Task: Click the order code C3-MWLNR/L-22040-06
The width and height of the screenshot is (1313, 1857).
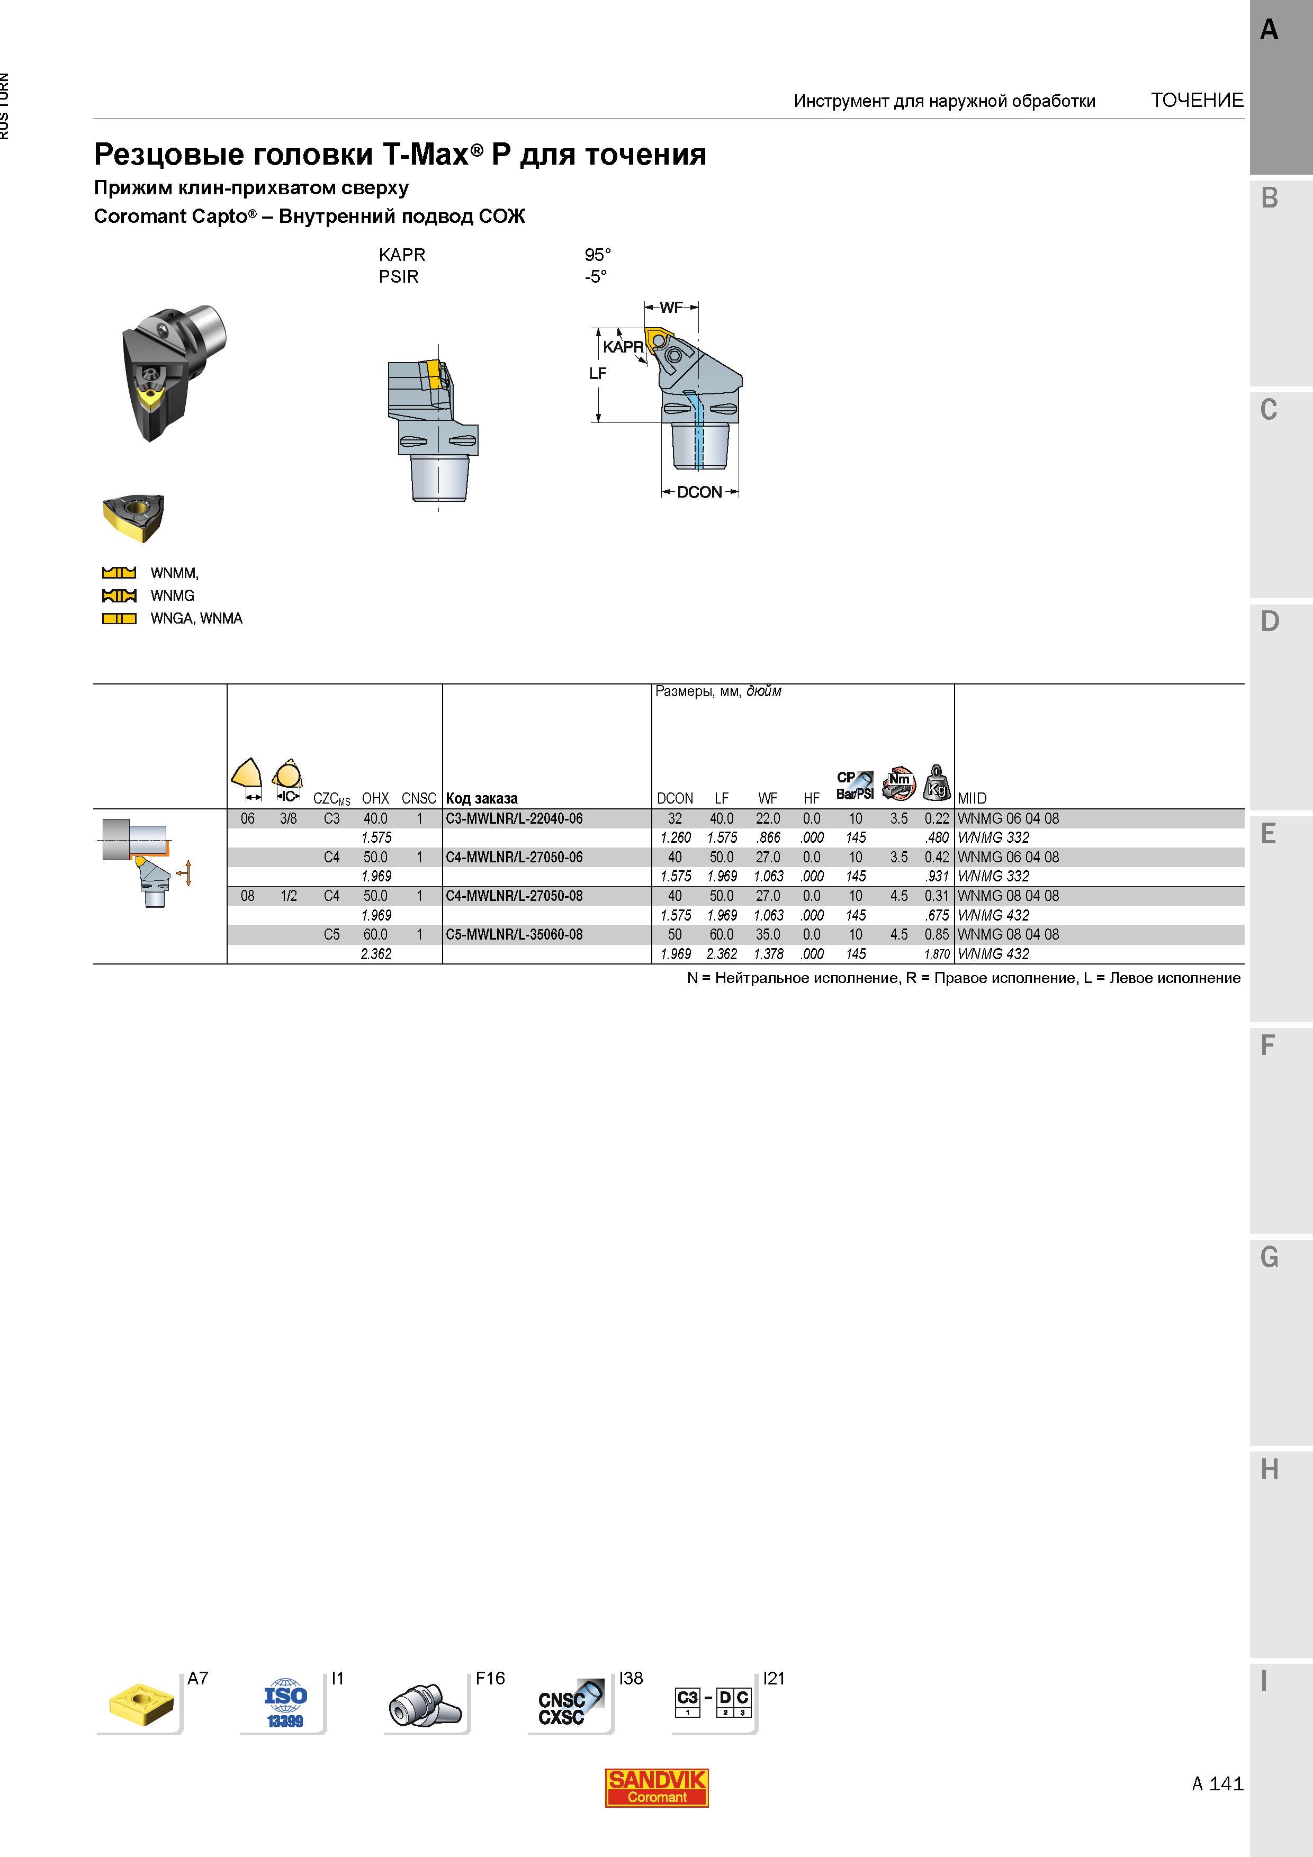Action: click(514, 818)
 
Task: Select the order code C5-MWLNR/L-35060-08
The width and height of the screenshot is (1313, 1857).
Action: click(514, 934)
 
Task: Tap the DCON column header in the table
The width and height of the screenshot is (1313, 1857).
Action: click(675, 798)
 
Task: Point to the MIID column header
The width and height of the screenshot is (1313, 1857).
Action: click(972, 798)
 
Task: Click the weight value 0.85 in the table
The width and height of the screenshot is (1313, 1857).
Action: click(937, 934)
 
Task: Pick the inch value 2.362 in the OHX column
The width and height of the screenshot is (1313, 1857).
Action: click(376, 953)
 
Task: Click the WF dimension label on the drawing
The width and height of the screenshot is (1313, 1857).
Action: click(671, 308)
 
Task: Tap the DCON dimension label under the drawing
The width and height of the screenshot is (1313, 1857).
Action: click(699, 492)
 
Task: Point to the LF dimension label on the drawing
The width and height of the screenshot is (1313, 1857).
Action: click(598, 373)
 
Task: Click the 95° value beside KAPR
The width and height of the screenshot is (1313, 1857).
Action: click(598, 255)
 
